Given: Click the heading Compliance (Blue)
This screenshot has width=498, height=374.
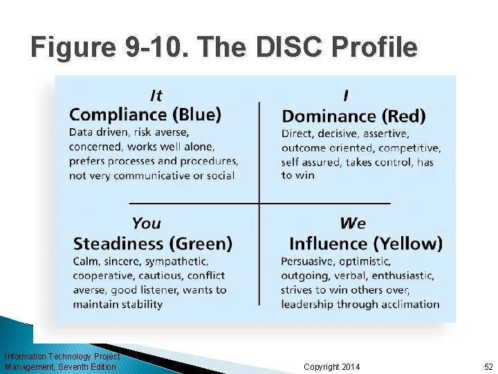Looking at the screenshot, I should pos(145,114).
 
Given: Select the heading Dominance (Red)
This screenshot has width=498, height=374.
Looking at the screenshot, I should pos(353,116).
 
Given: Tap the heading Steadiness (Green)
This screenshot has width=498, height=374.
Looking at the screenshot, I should pos(153,244).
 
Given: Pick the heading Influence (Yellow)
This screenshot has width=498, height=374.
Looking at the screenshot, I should pos(366,244).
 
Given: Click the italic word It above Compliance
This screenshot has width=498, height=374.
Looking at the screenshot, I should pos(156,96).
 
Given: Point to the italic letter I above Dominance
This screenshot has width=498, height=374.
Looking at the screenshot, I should pos(345,96).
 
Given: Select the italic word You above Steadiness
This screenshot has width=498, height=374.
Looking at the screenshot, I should pos(146,223).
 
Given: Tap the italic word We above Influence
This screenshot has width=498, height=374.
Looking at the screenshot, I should pos(353,223).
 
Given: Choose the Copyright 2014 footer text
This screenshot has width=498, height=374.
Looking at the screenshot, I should pos(332,366).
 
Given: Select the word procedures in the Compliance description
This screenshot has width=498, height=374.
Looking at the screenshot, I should pos(207,161).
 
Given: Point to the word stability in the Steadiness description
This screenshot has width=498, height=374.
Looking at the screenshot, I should pos(140,303).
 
